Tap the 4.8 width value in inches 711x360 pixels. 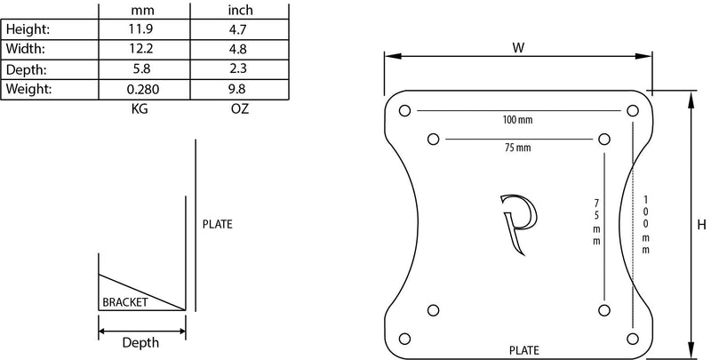coord(238,50)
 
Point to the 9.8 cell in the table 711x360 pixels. coord(238,89)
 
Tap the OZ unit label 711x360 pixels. coord(238,108)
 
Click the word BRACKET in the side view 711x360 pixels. coord(125,302)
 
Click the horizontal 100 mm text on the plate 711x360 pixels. coord(516,119)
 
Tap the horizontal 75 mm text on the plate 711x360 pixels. coord(516,148)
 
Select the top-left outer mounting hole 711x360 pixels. coord(405,111)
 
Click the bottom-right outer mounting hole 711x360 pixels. coord(631,338)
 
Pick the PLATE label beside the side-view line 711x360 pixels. coord(217,224)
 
